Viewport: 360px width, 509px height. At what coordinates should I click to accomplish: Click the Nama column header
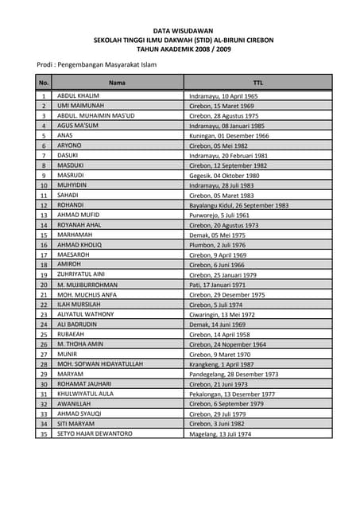117,82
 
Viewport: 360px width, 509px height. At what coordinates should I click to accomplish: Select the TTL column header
257,82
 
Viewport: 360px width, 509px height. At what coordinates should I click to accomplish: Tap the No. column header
44,82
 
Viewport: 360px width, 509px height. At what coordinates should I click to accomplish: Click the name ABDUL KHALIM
79,95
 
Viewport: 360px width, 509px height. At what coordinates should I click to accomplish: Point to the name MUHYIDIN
72,185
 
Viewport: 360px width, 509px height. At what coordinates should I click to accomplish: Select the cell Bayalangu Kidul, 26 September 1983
238,205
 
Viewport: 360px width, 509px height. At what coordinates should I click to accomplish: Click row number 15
44,235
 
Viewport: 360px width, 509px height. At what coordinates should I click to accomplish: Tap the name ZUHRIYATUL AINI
81,274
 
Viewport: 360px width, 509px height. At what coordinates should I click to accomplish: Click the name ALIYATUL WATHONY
85,314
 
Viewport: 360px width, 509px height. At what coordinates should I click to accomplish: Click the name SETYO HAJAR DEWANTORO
95,433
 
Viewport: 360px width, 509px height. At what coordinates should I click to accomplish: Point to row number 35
44,433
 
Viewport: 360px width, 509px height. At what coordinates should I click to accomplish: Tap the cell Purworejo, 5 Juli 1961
219,215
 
